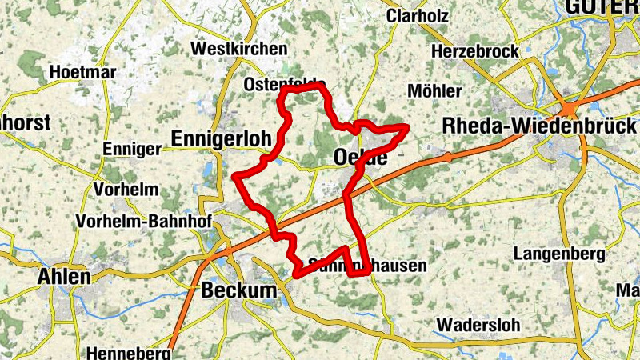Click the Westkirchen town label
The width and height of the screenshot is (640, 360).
(238, 50)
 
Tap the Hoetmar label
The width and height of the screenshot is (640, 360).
(82, 72)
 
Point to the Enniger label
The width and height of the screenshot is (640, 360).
(132, 149)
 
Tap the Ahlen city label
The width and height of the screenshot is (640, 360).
(64, 277)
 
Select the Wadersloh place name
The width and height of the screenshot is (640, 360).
(478, 326)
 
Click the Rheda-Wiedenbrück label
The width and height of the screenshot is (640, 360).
(539, 126)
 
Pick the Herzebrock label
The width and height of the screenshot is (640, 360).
(474, 51)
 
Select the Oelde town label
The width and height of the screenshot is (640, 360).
(358, 158)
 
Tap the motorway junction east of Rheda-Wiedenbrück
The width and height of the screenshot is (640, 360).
(573, 108)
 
